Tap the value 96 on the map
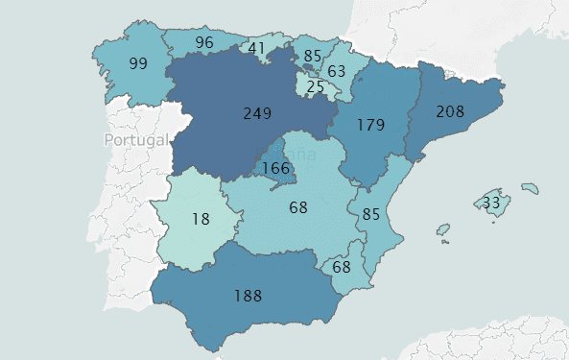203,42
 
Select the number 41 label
256,48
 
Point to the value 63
336,71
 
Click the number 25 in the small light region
315,88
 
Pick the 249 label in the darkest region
257,113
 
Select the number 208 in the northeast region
450,111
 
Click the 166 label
275,168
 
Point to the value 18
200,218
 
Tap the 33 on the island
491,204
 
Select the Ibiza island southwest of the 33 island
442,230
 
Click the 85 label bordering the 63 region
312,56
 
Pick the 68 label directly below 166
297,206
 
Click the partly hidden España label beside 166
291,150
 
